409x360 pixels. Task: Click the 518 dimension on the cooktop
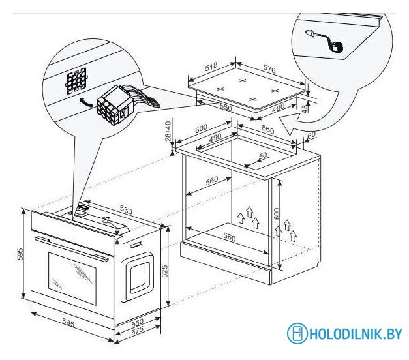tap(210, 67)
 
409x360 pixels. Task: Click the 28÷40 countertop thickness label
tap(168, 131)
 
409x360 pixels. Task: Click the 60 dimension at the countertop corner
tap(311, 134)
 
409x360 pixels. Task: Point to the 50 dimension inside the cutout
tap(263, 156)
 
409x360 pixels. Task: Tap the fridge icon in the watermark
tap(297, 334)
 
